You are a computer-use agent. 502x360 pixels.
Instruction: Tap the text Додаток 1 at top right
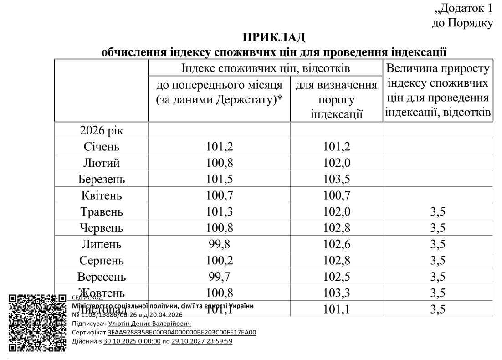pos(464,8)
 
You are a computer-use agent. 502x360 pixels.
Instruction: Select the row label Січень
pos(102,147)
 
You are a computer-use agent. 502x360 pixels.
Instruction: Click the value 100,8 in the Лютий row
pos(219,163)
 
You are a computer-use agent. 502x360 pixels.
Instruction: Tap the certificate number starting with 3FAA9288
pos(182,332)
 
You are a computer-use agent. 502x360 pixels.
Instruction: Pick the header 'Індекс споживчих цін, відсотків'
pos(266,69)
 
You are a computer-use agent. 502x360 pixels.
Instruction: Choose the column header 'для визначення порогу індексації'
pos(336,99)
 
